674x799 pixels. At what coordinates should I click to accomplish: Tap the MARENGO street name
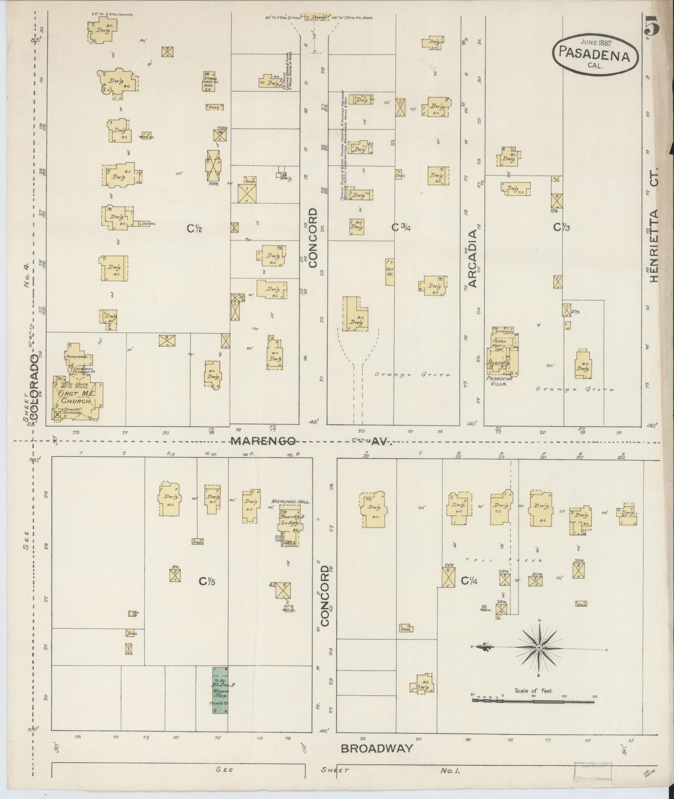264,441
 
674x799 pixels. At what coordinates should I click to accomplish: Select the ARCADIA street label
472,259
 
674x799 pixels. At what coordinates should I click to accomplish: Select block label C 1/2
194,228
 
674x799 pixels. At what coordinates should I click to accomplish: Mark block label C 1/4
469,581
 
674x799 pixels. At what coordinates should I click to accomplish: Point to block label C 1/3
562,227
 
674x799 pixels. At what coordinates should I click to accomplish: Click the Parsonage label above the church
75,357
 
